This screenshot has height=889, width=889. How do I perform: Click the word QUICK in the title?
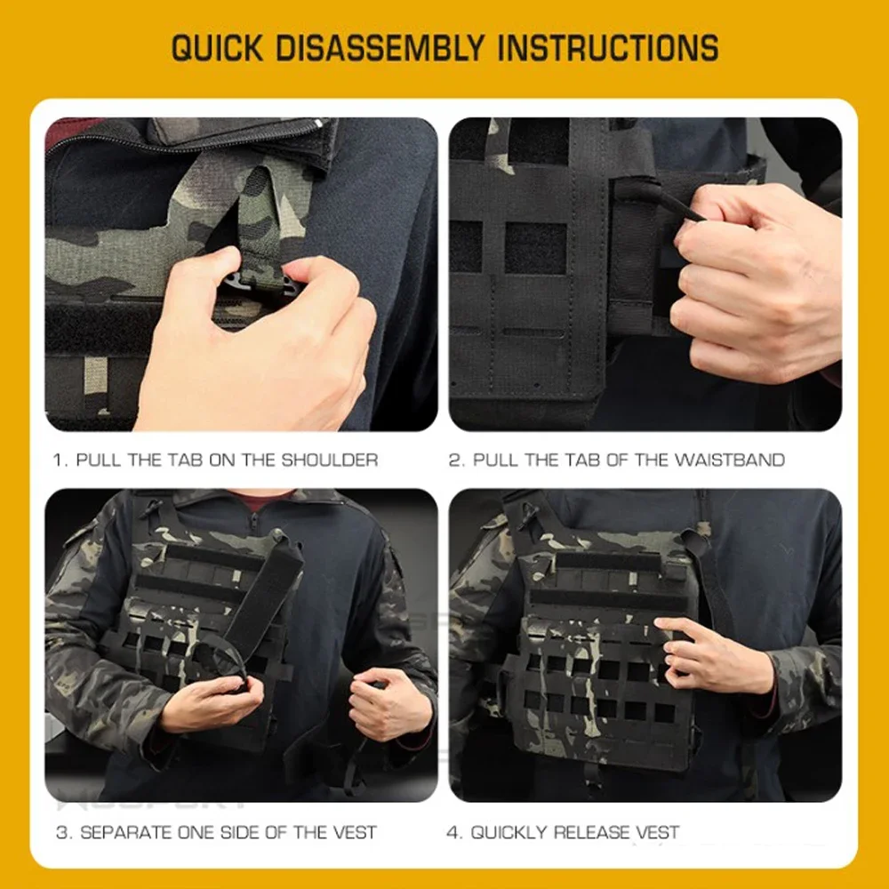coord(217,47)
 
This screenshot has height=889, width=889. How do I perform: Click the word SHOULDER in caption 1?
coord(330,460)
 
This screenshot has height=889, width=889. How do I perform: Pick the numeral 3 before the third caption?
coord(63,832)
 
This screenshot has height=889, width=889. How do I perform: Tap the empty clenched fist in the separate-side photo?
coord(391,703)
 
